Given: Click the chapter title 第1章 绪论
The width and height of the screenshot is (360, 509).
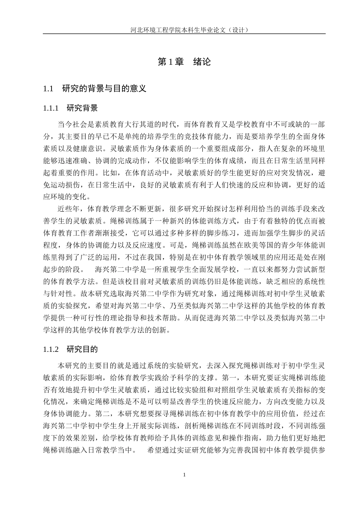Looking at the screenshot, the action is point(184,62).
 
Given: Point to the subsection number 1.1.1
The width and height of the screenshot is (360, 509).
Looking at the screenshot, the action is point(51,108).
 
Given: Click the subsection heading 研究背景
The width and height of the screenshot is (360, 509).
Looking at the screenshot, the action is point(82,108).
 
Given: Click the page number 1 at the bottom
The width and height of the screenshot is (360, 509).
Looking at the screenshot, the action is point(184,475).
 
